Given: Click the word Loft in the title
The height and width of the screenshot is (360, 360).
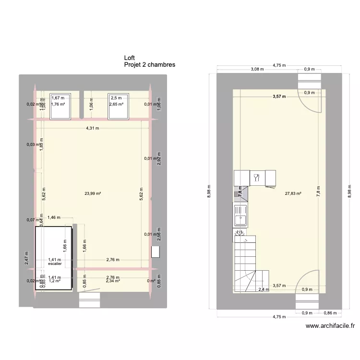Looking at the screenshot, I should pyautogui.click(x=130, y=57).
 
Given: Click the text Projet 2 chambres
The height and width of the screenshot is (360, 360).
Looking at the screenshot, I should pyautogui.click(x=149, y=64).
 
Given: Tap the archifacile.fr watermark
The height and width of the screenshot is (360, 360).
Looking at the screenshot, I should pyautogui.click(x=330, y=325).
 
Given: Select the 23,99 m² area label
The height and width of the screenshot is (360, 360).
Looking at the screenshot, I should pyautogui.click(x=92, y=194).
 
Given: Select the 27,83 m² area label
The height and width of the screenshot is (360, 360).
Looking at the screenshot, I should pyautogui.click(x=292, y=194).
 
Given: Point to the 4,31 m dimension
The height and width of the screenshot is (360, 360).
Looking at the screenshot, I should pyautogui.click(x=93, y=128).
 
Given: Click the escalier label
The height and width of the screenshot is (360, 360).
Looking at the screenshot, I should pyautogui.click(x=55, y=264).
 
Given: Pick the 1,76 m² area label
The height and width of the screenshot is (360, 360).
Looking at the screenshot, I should pyautogui.click(x=58, y=104).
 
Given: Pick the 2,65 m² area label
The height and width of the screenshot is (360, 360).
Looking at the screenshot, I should pyautogui.click(x=116, y=104).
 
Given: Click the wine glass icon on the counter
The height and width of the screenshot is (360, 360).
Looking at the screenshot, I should pyautogui.click(x=257, y=178).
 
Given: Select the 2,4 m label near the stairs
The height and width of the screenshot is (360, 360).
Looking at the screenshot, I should pyautogui.click(x=264, y=289).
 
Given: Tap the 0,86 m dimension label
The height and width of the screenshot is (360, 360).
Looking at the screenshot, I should pyautogui.click(x=329, y=313).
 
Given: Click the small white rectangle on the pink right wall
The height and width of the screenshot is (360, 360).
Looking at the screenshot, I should pyautogui.click(x=155, y=252).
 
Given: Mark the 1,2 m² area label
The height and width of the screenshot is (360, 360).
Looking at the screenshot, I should pyautogui.click(x=55, y=281).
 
